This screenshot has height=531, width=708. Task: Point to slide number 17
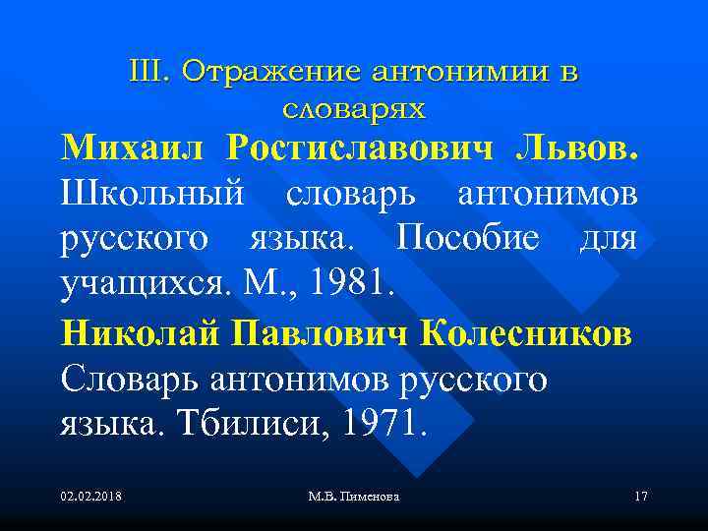(640, 498)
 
